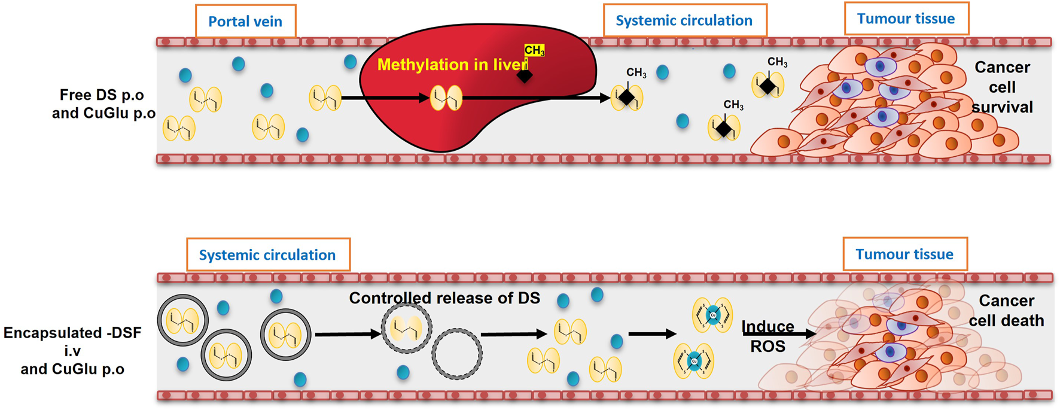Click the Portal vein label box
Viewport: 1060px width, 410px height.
(245, 22)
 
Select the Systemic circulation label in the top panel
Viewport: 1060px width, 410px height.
(684, 20)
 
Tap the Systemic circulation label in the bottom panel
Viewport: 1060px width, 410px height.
(267, 255)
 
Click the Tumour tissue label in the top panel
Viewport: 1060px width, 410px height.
(906, 19)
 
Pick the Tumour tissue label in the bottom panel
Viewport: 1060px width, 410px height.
(904, 254)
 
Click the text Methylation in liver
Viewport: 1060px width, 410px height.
(452, 65)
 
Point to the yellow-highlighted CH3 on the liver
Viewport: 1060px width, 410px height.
(534, 51)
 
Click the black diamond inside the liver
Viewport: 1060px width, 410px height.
(525, 75)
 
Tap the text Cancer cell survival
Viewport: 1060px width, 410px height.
(1002, 87)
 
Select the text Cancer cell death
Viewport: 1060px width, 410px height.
(1006, 311)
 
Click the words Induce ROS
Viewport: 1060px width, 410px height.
(768, 336)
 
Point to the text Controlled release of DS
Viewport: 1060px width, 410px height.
(444, 298)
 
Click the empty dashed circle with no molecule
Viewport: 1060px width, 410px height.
(457, 354)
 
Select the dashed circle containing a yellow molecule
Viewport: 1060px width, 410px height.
(407, 329)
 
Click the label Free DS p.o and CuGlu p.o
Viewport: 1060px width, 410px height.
(103, 104)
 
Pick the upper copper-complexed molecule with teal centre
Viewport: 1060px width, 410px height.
(712, 314)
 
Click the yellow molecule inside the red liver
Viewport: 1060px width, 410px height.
(446, 98)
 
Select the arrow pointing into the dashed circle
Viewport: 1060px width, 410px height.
(348, 334)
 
